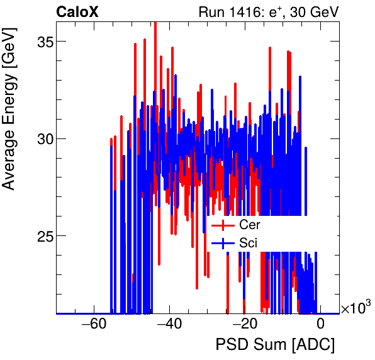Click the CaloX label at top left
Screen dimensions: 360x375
click(x=77, y=12)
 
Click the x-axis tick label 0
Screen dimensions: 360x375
click(x=320, y=325)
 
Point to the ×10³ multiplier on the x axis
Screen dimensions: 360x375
click(x=355, y=308)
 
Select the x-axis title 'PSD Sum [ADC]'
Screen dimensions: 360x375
click(x=275, y=345)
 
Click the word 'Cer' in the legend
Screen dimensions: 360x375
click(x=249, y=225)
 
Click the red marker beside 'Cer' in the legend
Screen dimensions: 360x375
click(x=223, y=225)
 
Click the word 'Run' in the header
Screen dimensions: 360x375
click(x=211, y=12)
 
